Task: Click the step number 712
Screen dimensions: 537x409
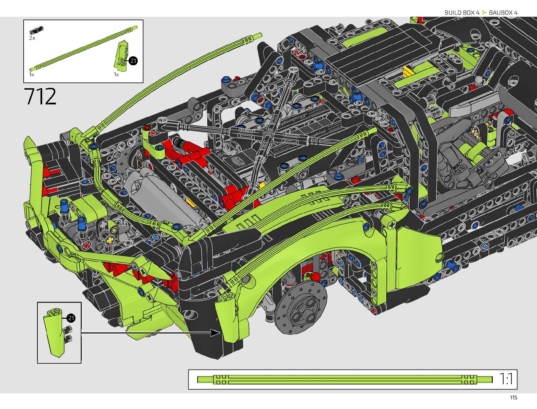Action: coord(40,96)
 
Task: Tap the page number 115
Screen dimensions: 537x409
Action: coord(514,398)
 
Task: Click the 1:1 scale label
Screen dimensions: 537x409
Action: coord(506,379)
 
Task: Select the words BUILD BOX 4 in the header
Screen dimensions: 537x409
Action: coord(462,13)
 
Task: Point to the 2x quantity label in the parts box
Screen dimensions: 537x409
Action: coord(32,38)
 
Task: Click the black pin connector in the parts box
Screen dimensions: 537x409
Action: coord(36,30)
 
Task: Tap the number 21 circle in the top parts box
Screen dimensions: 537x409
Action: coord(133,61)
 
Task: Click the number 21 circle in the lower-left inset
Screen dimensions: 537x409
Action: coord(71,318)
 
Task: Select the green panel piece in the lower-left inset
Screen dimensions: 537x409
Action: coord(54,332)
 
